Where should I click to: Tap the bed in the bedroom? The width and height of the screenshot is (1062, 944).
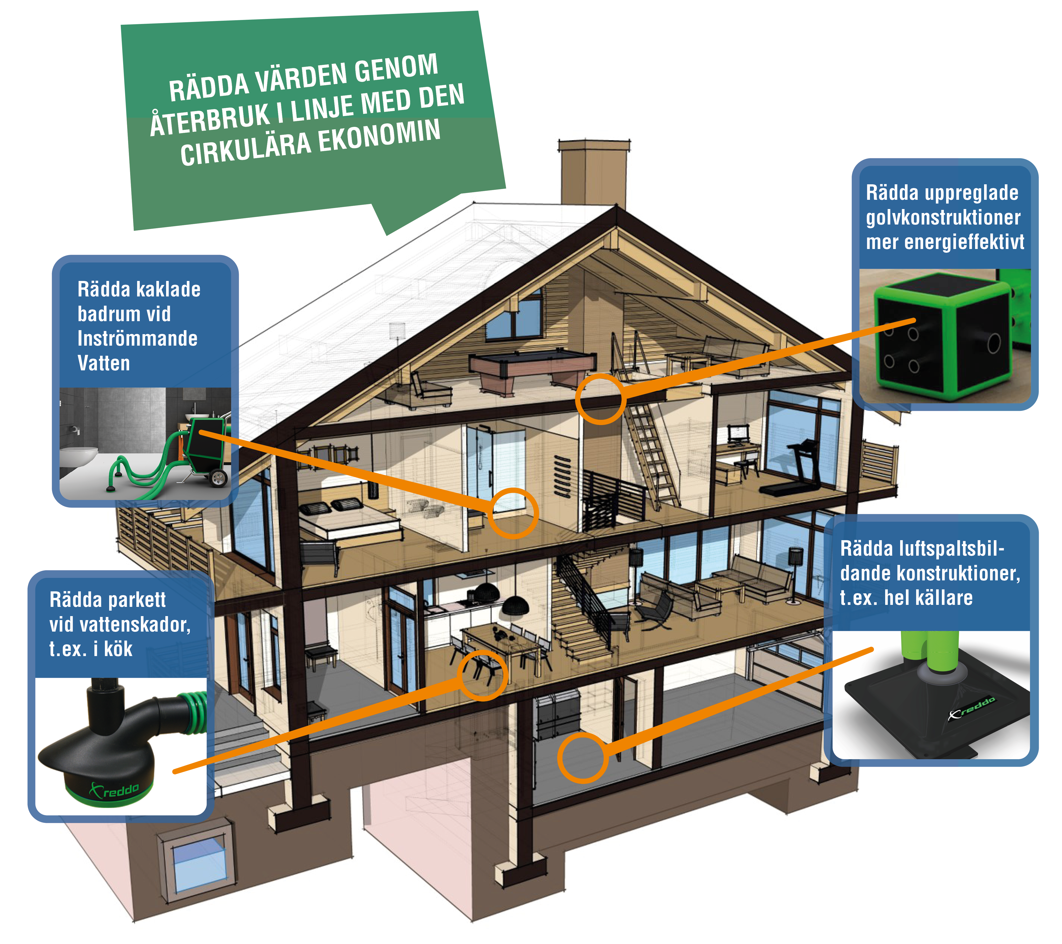pyautogui.click(x=348, y=519)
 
